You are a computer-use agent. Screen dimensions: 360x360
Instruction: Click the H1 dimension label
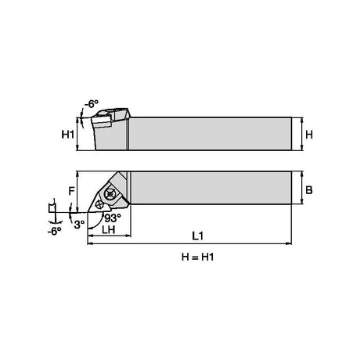[x=68, y=135]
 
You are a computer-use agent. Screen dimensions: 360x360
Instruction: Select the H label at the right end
[x=309, y=135]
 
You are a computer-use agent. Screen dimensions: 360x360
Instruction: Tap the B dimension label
[x=309, y=190]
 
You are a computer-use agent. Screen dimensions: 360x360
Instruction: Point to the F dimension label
[x=71, y=191]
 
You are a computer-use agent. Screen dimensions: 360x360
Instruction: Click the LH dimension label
[x=109, y=229]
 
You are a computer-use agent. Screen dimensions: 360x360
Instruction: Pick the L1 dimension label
[x=198, y=236]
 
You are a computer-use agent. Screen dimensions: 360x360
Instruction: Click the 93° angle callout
[x=113, y=218]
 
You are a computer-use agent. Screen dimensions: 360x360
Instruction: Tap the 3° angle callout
[x=79, y=225]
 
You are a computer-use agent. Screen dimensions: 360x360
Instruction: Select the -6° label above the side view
[x=92, y=104]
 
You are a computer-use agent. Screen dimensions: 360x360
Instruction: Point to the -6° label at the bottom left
[x=54, y=231]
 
